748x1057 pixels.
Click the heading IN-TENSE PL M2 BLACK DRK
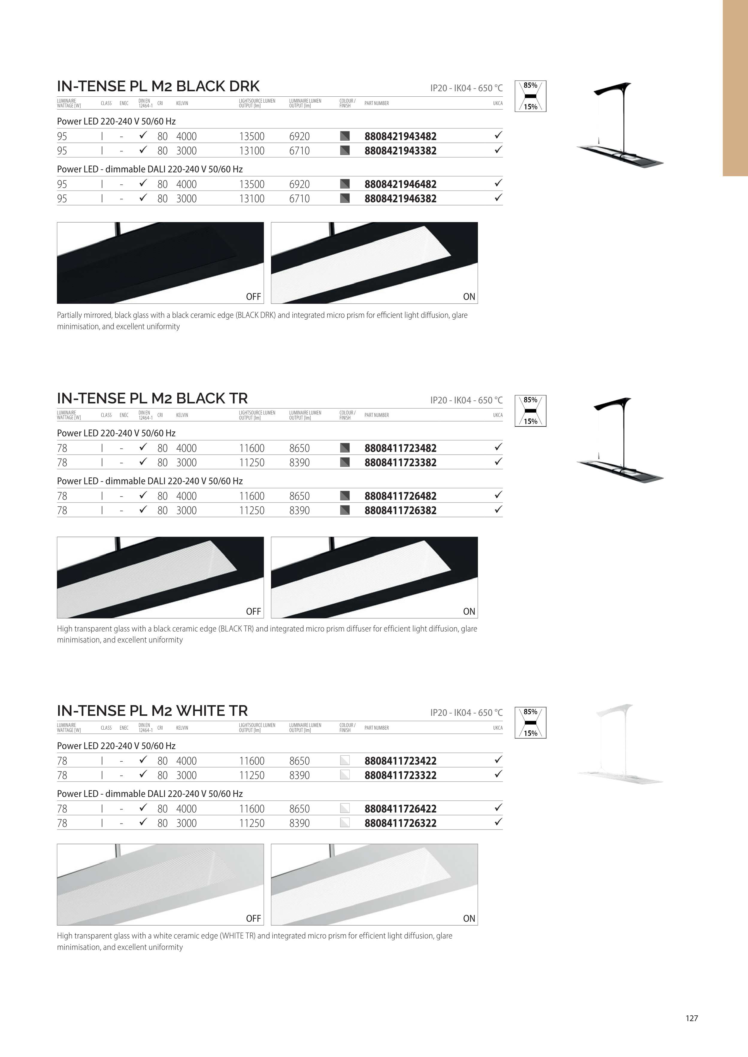158,86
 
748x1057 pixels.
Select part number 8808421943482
400,136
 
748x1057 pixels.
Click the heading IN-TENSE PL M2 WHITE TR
152,710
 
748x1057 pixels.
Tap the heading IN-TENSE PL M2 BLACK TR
152,398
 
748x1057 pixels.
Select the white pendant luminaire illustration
620,744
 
